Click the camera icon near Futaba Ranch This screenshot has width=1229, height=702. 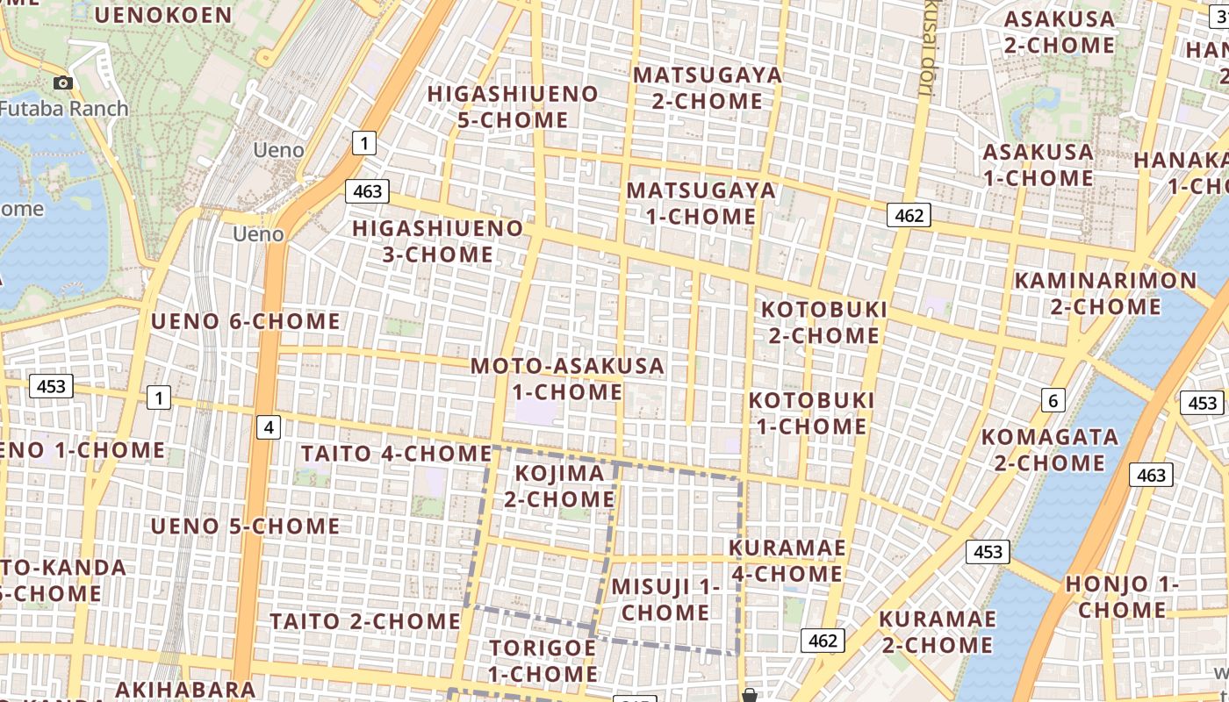(x=63, y=82)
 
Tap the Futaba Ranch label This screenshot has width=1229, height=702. (x=64, y=109)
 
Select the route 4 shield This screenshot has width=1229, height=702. (x=269, y=427)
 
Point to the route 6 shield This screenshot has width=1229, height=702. (x=1053, y=401)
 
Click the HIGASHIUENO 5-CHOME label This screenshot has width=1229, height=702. (x=513, y=106)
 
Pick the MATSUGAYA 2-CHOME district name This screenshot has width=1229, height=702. (x=708, y=88)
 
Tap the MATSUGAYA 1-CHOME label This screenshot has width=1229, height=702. (x=701, y=203)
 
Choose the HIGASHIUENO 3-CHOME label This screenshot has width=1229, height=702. (x=437, y=241)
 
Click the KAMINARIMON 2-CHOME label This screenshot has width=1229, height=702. (x=1105, y=293)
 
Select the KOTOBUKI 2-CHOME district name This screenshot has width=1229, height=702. (x=824, y=322)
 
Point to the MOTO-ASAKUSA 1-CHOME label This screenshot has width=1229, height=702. (x=567, y=378)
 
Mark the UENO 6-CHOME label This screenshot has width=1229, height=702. (x=246, y=321)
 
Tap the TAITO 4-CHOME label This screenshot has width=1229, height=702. (x=396, y=454)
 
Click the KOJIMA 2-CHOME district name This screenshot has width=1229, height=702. (x=559, y=486)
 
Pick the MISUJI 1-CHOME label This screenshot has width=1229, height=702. (x=665, y=599)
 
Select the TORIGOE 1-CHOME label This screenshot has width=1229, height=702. (x=543, y=661)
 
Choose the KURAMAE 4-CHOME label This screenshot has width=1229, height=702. (x=787, y=561)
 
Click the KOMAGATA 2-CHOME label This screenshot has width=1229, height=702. (x=1050, y=449)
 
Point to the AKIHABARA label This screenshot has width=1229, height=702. (x=185, y=689)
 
